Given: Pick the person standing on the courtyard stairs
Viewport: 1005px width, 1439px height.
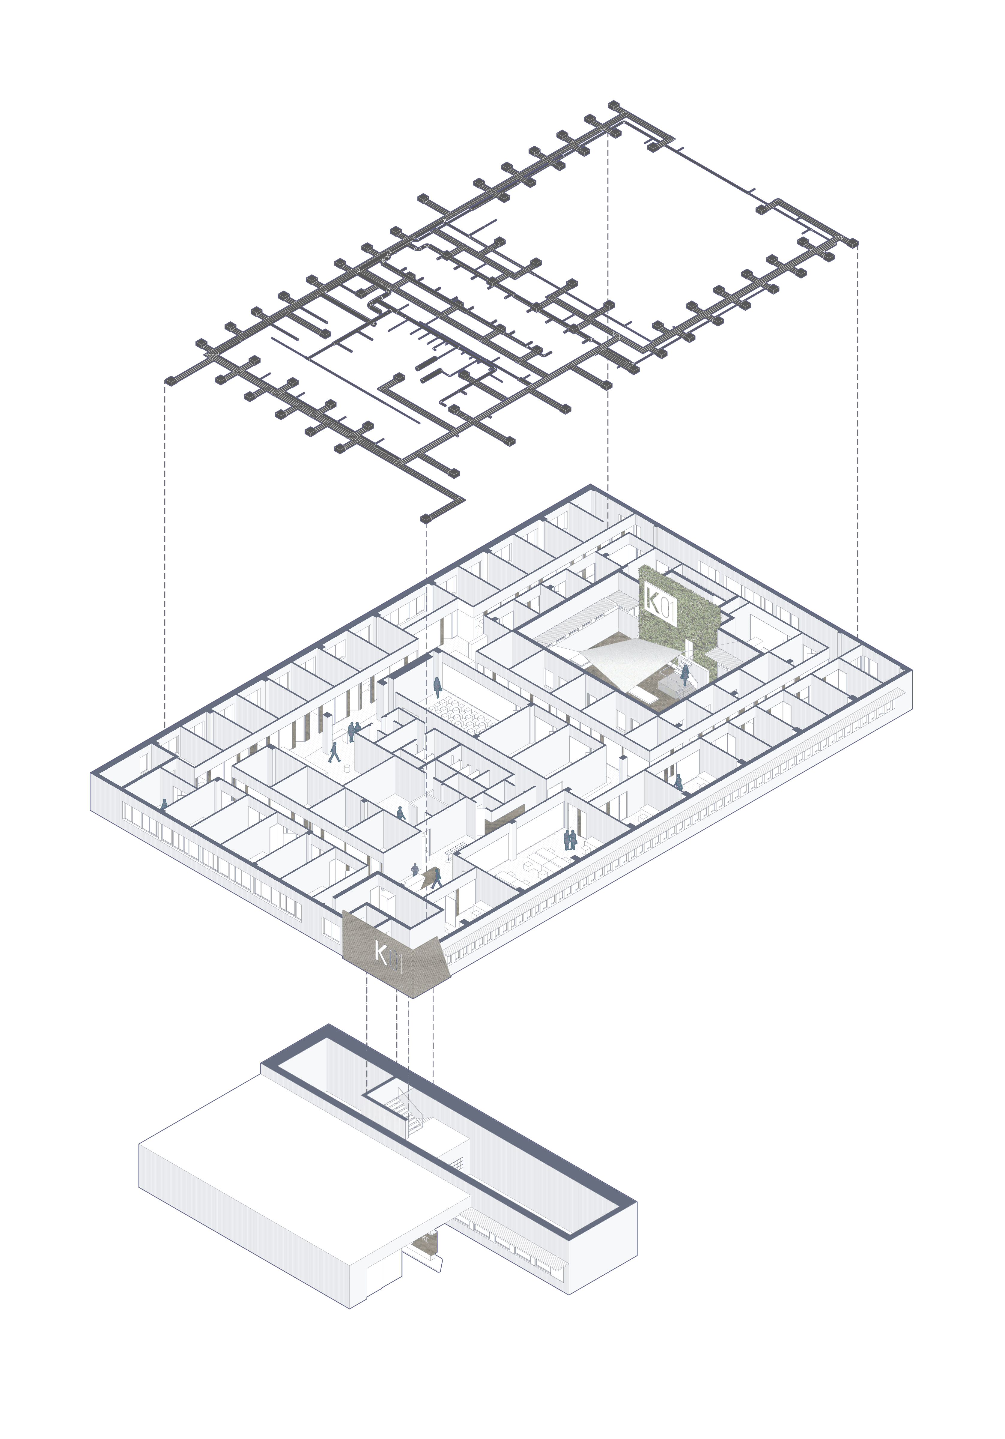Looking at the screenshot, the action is click(x=685, y=675).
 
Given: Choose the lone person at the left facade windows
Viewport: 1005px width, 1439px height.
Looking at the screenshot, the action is click(x=164, y=805).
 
